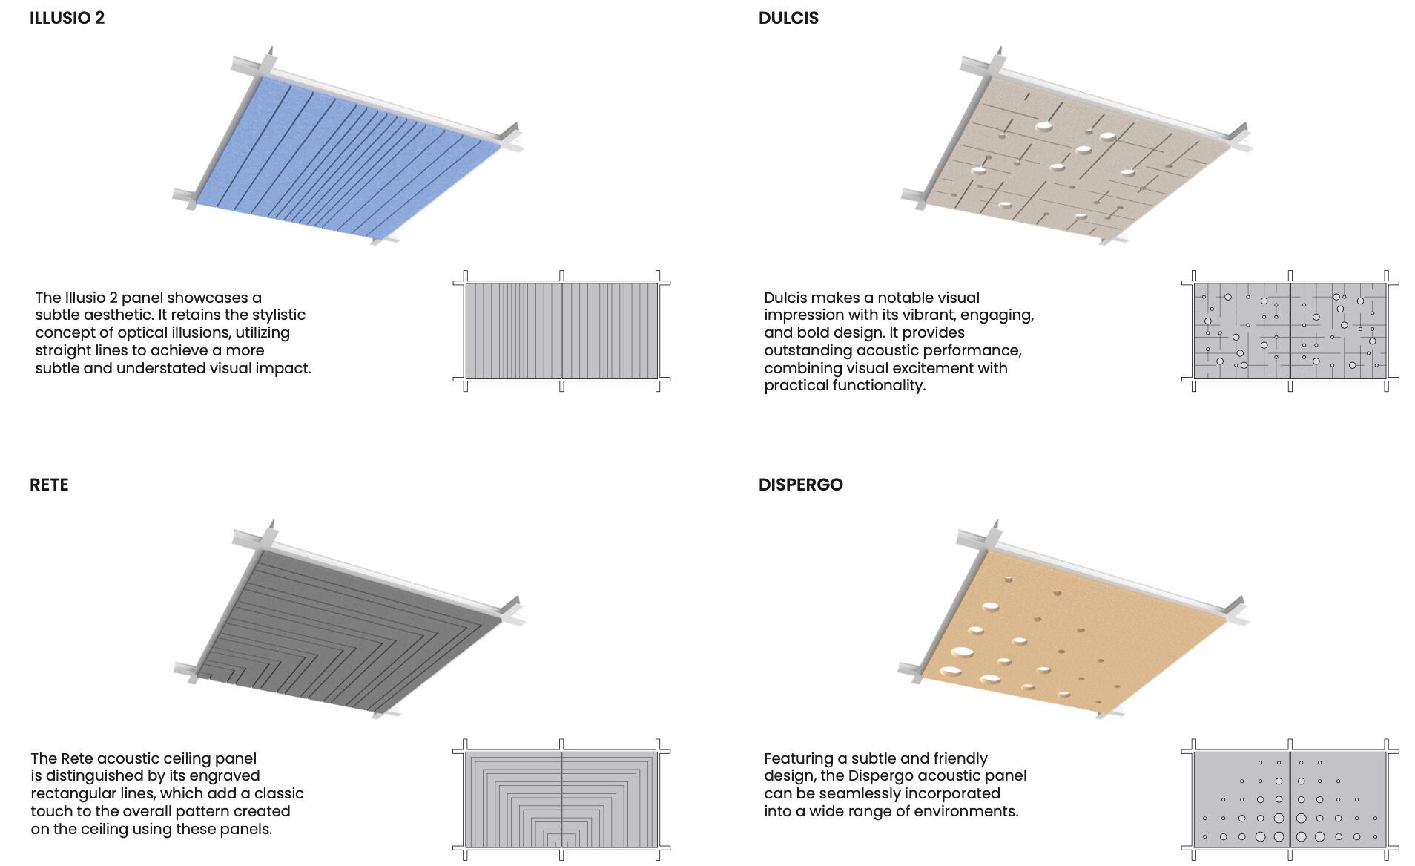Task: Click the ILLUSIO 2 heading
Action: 67,18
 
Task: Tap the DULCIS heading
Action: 788,18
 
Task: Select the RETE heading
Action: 49,485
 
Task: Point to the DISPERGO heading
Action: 800,485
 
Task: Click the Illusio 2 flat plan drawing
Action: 561,330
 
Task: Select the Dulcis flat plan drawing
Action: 1290,330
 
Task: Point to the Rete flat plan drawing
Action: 561,799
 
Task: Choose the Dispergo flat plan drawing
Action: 1290,799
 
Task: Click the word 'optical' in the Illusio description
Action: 141,332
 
